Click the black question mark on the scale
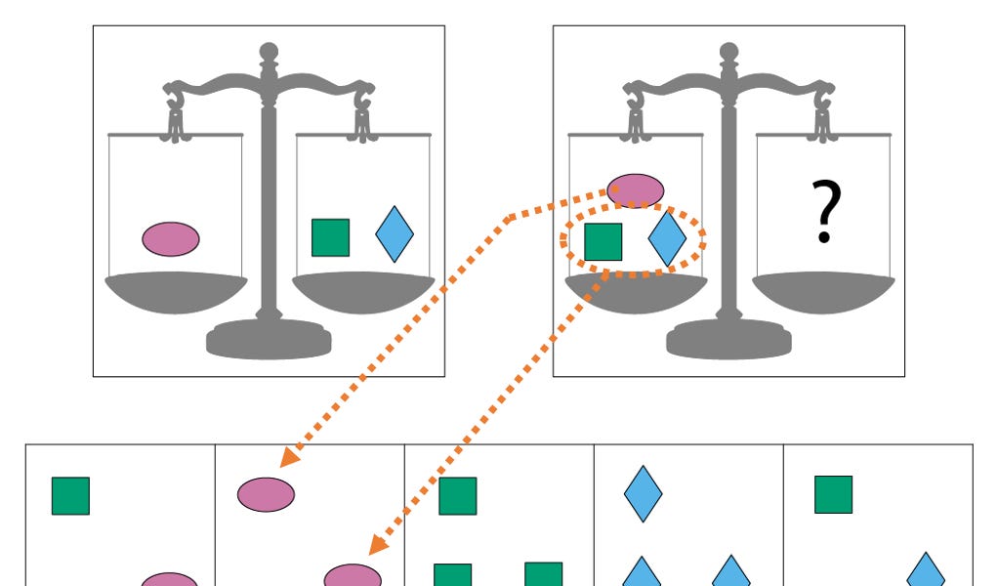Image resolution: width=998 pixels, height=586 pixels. click(825, 213)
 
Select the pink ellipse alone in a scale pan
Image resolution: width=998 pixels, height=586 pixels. click(171, 238)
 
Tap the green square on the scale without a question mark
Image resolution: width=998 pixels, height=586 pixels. click(330, 237)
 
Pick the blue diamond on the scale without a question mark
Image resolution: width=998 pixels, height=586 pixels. click(395, 234)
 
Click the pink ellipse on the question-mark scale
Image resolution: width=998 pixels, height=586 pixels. click(636, 189)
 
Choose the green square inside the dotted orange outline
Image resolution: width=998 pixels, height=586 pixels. click(603, 241)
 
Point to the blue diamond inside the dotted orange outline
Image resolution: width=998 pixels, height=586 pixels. click(668, 239)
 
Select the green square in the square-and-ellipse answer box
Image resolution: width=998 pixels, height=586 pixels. click(70, 495)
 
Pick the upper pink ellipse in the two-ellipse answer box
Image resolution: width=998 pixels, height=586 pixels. click(266, 494)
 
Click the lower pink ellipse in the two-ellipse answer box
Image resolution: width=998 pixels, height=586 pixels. click(353, 575)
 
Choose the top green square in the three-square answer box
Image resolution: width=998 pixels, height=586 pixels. click(457, 495)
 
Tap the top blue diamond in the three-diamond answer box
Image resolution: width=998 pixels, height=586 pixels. click(644, 494)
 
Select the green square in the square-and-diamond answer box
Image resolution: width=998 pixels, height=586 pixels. click(833, 494)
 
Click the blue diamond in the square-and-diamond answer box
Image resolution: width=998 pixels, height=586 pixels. click(926, 571)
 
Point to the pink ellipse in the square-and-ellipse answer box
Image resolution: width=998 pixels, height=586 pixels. click(170, 580)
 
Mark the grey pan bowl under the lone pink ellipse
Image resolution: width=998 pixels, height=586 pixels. click(176, 291)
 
